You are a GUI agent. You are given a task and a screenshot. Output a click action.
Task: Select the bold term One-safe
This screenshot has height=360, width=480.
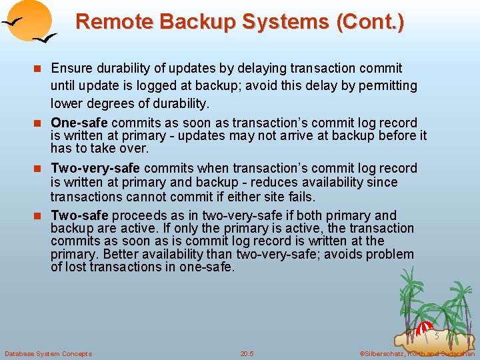79,123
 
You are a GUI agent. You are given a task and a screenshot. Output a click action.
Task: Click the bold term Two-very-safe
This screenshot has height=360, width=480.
95,168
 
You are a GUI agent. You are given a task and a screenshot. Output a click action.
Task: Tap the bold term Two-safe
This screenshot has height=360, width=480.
79,215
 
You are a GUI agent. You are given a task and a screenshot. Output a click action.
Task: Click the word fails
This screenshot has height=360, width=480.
301,196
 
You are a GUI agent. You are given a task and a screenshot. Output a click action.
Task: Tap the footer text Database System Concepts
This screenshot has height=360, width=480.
48,353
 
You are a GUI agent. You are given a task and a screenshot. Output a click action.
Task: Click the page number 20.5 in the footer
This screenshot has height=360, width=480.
247,353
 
